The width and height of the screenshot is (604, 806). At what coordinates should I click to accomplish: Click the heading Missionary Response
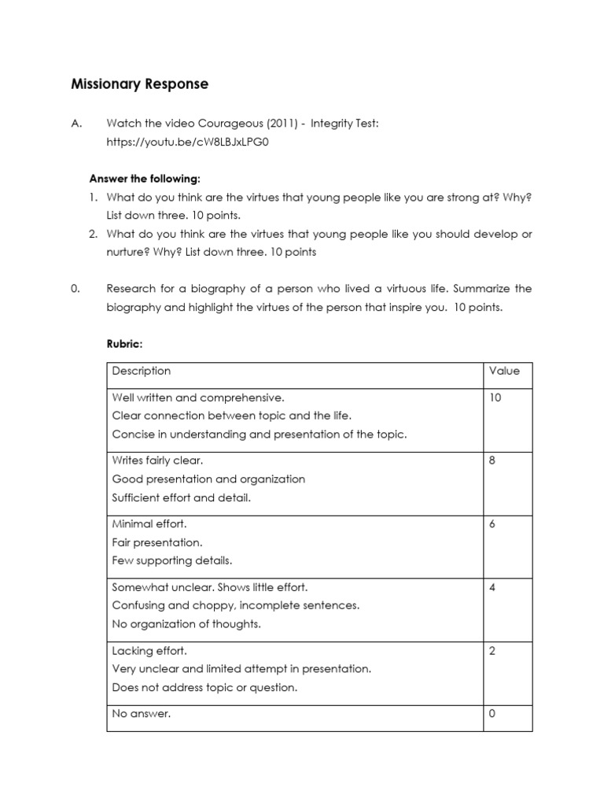point(140,84)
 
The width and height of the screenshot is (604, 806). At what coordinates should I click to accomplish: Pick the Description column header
point(142,372)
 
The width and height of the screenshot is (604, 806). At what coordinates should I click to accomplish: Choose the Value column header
point(504,372)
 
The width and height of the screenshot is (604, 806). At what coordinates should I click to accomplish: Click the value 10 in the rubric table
point(495,397)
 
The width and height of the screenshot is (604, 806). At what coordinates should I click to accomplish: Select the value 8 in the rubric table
point(492,460)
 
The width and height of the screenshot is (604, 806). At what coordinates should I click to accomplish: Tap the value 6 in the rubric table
point(492,523)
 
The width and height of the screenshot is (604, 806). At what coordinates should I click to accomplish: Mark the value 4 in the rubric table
point(492,587)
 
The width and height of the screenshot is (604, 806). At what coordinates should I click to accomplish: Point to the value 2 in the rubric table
point(492,651)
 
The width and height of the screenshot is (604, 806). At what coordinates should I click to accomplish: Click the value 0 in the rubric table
point(492,714)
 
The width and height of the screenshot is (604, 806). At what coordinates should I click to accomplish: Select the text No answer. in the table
point(142,714)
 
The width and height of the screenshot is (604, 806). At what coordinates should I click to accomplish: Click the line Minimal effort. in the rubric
point(149,523)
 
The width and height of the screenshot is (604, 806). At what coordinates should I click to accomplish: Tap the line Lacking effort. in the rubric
point(149,651)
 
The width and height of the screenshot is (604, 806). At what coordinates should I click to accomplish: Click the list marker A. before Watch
point(76,124)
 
